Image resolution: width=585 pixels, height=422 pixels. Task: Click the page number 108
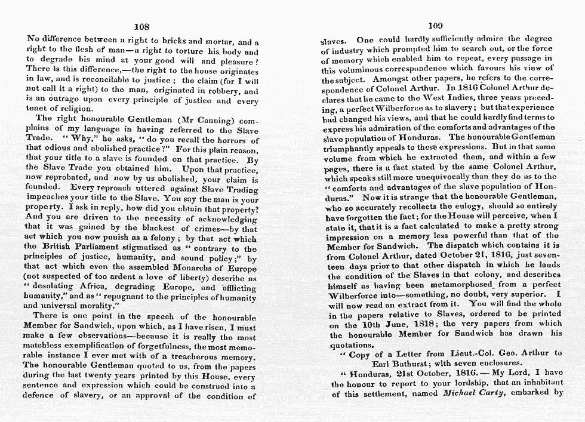tap(141, 27)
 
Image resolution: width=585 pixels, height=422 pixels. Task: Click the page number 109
tap(435, 26)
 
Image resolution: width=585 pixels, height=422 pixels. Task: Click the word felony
tap(148, 238)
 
